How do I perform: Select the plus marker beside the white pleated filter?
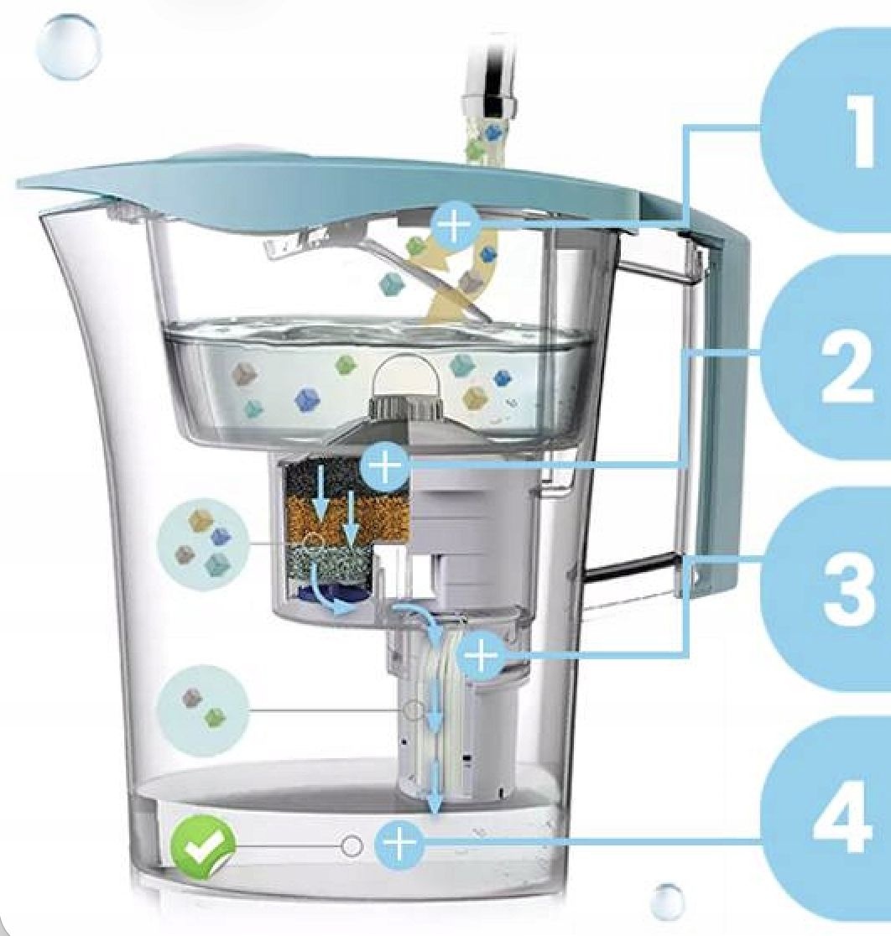tap(481, 654)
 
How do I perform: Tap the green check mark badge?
tap(203, 846)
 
